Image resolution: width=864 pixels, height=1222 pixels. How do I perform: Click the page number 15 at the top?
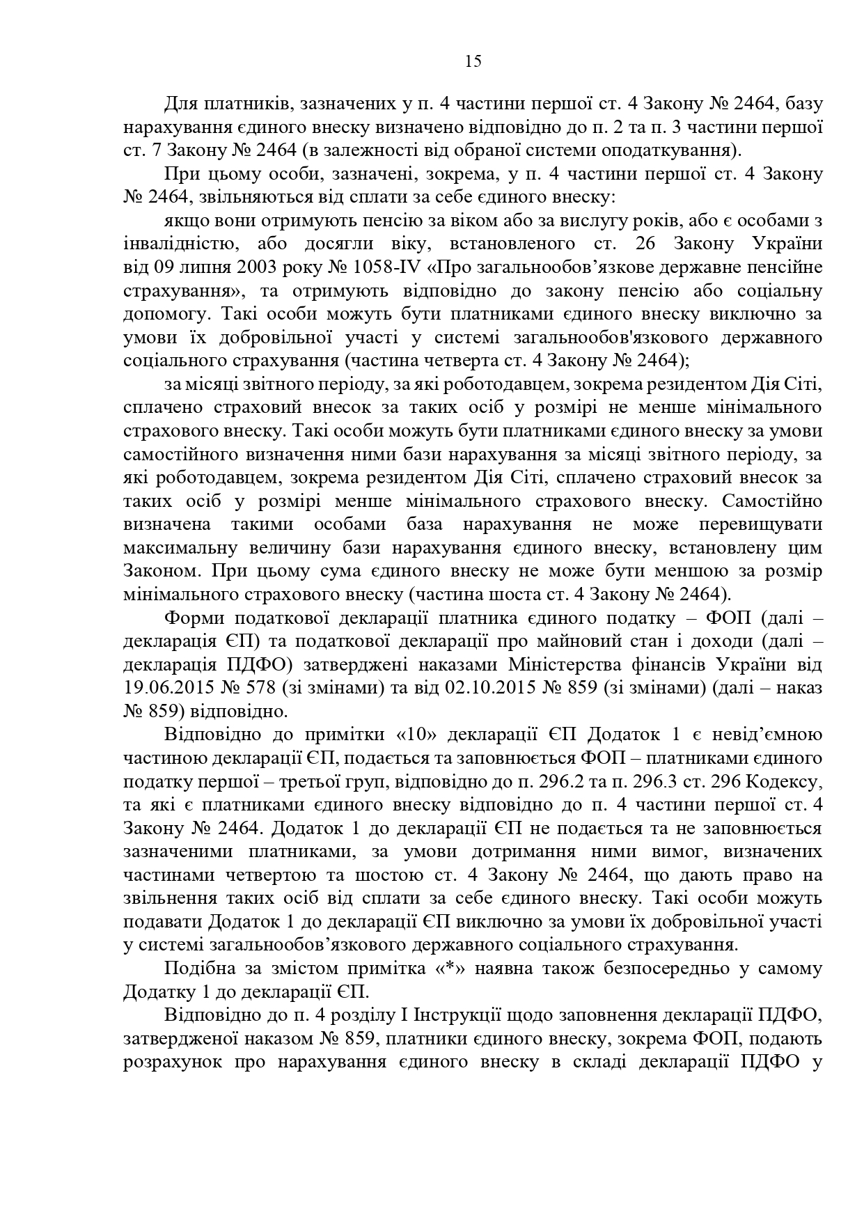coord(473,61)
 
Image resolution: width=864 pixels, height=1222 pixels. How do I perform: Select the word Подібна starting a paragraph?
coord(196,969)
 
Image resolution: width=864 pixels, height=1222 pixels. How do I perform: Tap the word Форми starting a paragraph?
coord(192,618)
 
